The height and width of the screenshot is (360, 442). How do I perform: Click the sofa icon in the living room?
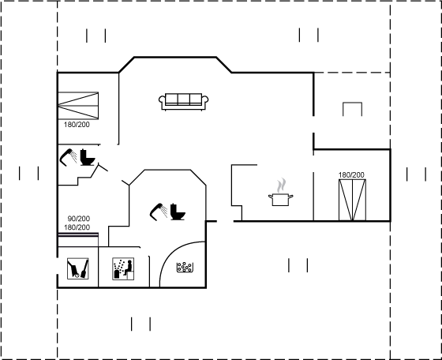click(183, 102)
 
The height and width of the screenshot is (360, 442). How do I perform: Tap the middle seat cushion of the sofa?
click(183, 99)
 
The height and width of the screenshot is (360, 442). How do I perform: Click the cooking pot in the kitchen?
click(280, 200)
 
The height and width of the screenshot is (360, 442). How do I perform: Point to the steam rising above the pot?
click(281, 186)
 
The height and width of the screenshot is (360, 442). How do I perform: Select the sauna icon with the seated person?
click(123, 268)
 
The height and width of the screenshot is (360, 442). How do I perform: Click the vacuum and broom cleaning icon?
click(78, 268)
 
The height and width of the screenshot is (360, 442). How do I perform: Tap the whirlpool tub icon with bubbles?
click(185, 268)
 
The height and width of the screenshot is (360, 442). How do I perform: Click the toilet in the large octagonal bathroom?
click(178, 212)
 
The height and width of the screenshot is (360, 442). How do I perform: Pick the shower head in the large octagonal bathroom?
click(159, 212)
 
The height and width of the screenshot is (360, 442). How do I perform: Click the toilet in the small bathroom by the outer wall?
click(88, 157)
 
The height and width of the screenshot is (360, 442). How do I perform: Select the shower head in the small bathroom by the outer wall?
click(68, 157)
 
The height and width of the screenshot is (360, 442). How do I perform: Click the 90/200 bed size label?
click(79, 219)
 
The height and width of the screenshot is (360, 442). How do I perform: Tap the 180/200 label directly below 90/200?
click(77, 227)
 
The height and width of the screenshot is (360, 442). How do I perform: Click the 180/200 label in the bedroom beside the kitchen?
click(351, 174)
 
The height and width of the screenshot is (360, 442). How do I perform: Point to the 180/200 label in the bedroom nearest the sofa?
click(77, 124)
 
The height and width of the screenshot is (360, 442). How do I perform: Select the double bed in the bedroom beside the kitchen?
click(352, 200)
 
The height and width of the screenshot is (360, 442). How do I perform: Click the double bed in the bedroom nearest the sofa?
click(78, 106)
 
